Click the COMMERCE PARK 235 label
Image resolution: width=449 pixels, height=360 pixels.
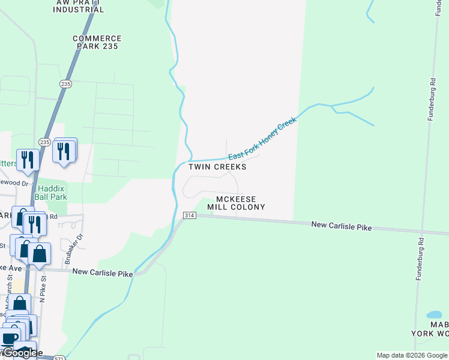[x=97, y=43]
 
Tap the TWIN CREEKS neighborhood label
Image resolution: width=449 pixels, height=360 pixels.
[x=217, y=167]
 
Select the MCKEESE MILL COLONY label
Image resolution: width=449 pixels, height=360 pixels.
[x=236, y=203]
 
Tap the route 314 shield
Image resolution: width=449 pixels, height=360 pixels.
[x=188, y=215]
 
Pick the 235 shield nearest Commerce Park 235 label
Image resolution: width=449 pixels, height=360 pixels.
[x=65, y=84]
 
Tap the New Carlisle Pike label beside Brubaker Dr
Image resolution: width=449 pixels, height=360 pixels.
[x=102, y=272]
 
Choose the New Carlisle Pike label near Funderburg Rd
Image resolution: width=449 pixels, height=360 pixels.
[x=341, y=227]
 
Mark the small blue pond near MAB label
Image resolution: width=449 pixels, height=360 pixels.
[x=434, y=314]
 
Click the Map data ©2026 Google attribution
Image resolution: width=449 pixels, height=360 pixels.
[x=412, y=355]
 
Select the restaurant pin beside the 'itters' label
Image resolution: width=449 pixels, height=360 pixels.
[x=28, y=160]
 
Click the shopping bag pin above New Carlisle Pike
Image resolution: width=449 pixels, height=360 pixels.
[x=40, y=254]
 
